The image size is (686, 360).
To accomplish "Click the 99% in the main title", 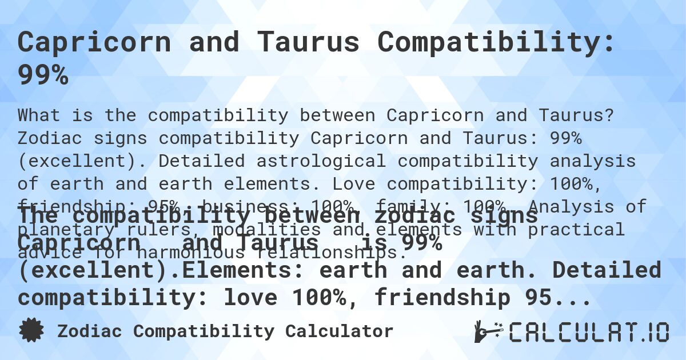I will [43, 75].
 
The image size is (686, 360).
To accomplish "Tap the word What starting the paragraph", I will [39, 115].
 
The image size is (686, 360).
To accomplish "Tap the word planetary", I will [71, 229].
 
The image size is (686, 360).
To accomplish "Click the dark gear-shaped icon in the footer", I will [32, 331].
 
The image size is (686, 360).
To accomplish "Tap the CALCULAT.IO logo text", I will [589, 332].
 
